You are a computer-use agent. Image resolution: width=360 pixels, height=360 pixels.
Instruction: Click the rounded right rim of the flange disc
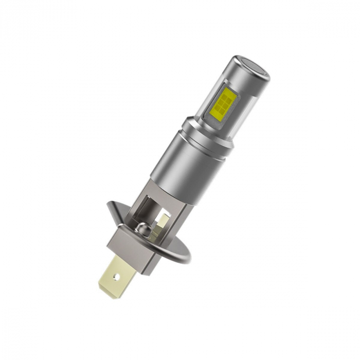pos(185,250)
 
